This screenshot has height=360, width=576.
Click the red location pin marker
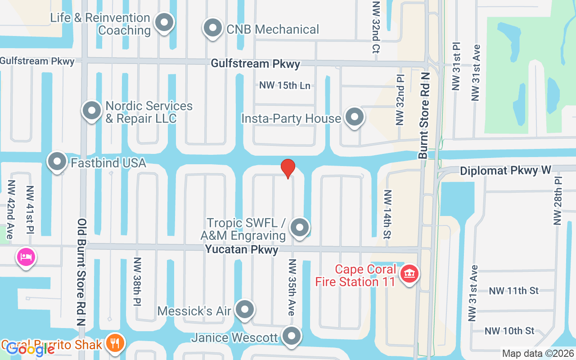(288, 168)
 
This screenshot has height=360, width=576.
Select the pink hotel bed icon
(26, 257)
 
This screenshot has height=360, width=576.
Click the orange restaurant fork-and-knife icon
(116, 343)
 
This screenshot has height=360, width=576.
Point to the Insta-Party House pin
(355, 117)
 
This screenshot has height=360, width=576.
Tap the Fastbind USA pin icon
(57, 162)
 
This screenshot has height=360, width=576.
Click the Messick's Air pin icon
(245, 310)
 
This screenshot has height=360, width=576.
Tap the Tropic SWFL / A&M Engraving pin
(299, 228)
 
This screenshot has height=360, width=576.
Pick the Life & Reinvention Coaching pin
(164, 22)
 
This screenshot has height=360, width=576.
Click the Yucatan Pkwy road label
(242, 249)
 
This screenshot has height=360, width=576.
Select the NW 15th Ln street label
(285, 85)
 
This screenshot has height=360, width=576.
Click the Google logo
(31, 349)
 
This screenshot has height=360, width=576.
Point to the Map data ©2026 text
(538, 354)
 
